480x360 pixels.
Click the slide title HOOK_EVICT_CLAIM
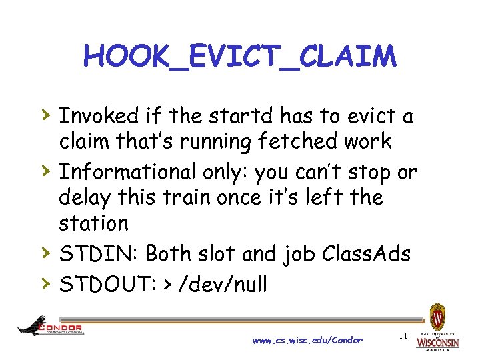(240, 57)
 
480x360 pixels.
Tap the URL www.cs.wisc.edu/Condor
(307, 340)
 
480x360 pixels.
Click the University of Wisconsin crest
(437, 316)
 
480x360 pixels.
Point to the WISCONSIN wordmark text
(437, 343)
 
